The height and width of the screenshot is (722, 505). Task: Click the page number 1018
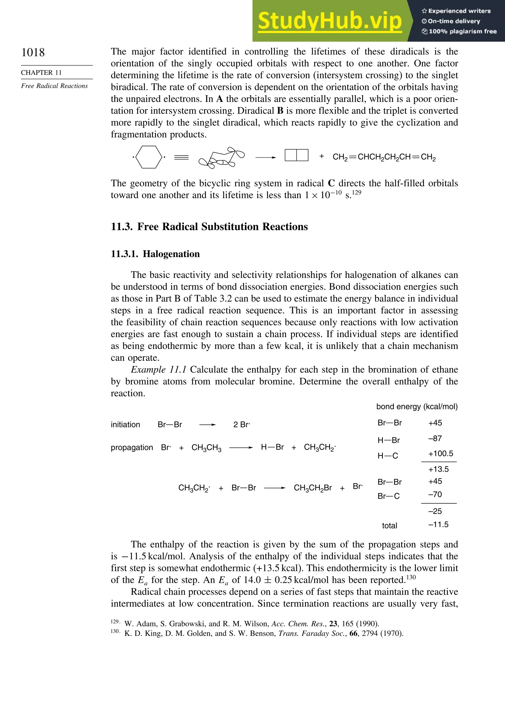pyautogui.click(x=33, y=52)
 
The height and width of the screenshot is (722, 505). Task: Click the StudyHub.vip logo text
pyautogui.click(x=330, y=21)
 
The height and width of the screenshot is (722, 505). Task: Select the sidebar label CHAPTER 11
pyautogui.click(x=41, y=73)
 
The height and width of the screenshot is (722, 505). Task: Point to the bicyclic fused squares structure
pyautogui.click(x=296, y=155)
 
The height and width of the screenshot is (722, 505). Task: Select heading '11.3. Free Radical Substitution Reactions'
pyautogui.click(x=209, y=227)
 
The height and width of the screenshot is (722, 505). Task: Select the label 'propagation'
pyautogui.click(x=132, y=447)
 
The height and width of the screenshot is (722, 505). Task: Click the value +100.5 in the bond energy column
pyautogui.click(x=441, y=454)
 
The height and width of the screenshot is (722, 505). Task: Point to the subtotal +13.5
pyautogui.click(x=438, y=469)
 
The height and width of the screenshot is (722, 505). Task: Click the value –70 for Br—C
pyautogui.click(x=435, y=495)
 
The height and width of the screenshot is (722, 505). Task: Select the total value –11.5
pyautogui.click(x=438, y=525)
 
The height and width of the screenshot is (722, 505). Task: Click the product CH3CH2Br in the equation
pyautogui.click(x=313, y=488)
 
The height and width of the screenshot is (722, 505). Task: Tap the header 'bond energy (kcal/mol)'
pyautogui.click(x=417, y=407)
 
